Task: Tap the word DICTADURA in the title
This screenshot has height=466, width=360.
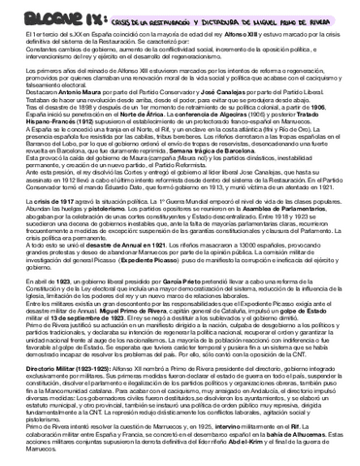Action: [215, 15]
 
